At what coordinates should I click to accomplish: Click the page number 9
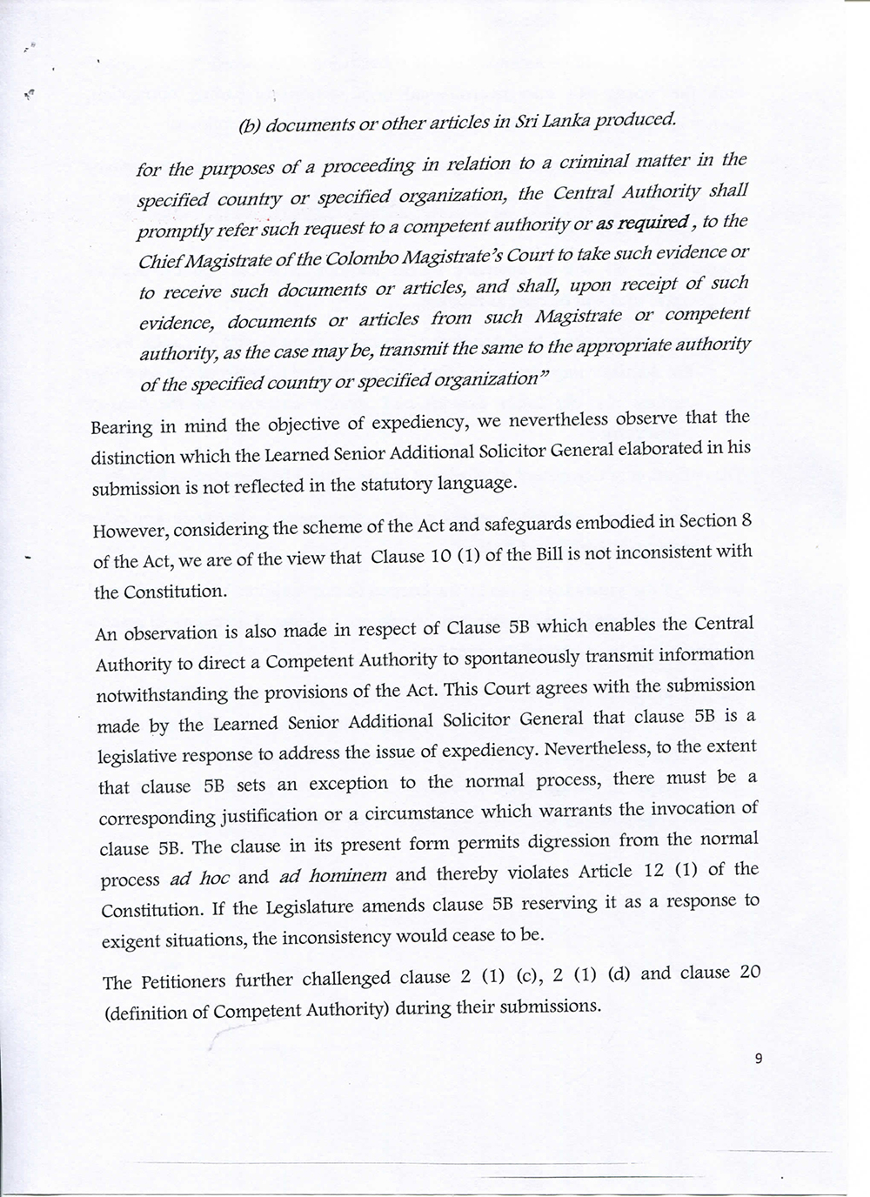pos(759,1059)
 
